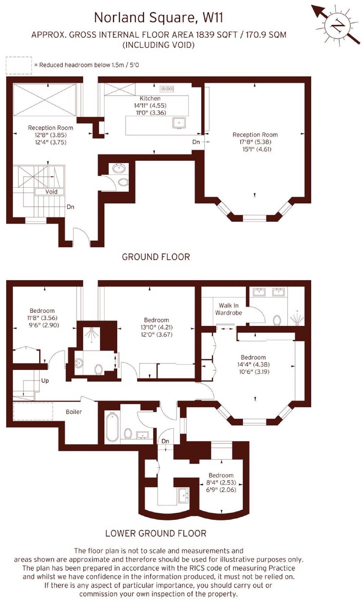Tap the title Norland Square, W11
pos(158,18)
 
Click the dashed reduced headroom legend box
pos(19,65)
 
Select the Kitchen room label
pos(150,98)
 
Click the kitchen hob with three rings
pos(167,89)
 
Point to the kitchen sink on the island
pos(179,123)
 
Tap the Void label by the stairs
pos(51,192)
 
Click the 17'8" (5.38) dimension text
pos(255,142)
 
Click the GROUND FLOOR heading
pos(156,257)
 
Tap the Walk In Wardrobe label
pos(228,309)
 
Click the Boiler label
pos(74,412)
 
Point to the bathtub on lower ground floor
pos(112,427)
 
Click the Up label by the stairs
pos(45,380)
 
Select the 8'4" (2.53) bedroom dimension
pos(221,483)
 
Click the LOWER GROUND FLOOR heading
pos(156,533)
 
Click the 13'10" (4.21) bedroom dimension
pos(156,327)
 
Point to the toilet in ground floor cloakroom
pos(123,182)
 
